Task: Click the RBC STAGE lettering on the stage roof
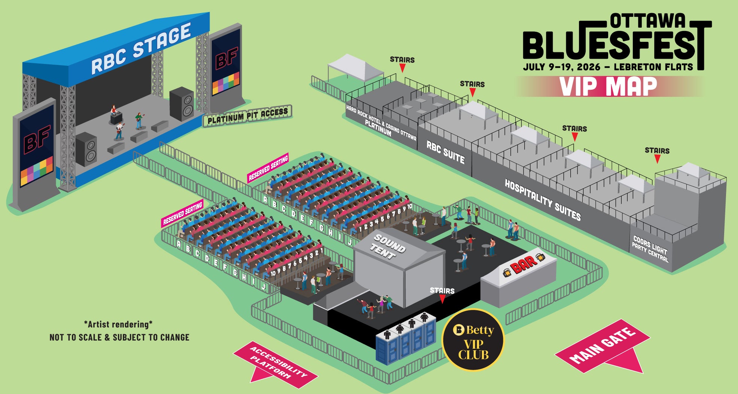141,48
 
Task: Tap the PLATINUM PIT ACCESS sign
247,116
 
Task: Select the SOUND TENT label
389,246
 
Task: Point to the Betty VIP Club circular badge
473,340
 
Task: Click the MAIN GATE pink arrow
603,346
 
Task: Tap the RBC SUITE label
445,152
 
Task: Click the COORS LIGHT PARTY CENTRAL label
650,249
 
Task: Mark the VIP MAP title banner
608,87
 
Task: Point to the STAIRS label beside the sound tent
442,290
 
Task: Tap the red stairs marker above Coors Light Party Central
657,159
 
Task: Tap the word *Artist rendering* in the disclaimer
119,324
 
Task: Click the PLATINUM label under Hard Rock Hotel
378,127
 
